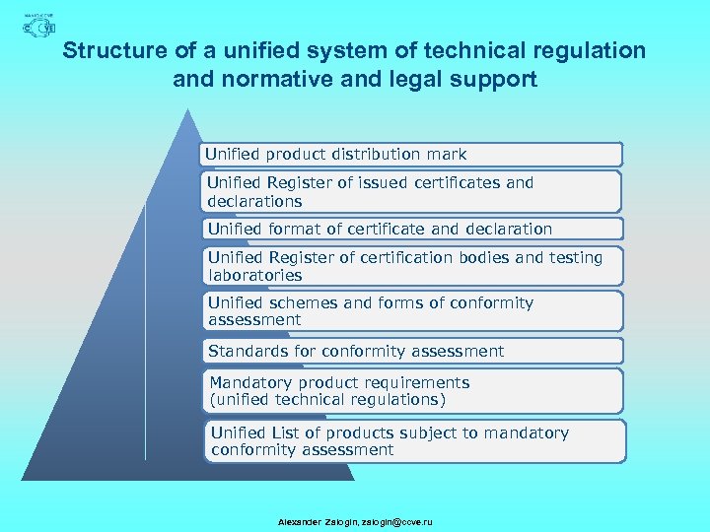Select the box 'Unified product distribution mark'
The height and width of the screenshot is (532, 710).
tap(412, 155)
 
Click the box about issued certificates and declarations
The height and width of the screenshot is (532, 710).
tap(412, 191)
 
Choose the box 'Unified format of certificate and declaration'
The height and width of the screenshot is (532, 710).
tap(412, 229)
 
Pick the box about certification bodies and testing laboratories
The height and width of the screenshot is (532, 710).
tap(412, 266)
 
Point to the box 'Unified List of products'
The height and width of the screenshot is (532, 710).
tap(417, 441)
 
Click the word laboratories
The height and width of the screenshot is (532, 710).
tap(254, 276)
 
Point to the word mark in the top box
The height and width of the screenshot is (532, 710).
tap(448, 155)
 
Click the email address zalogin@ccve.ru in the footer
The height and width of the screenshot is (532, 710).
tap(397, 521)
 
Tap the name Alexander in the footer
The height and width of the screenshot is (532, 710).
tap(299, 521)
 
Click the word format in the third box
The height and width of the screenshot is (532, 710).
tap(294, 229)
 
